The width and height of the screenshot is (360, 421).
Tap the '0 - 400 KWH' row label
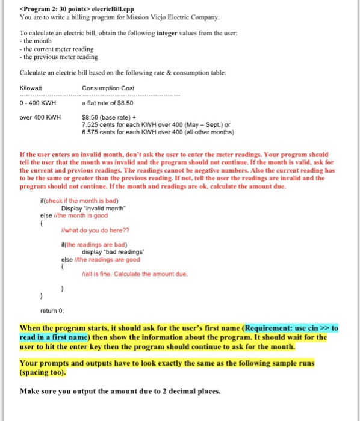37,103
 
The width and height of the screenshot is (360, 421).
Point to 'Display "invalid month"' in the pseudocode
96,209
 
